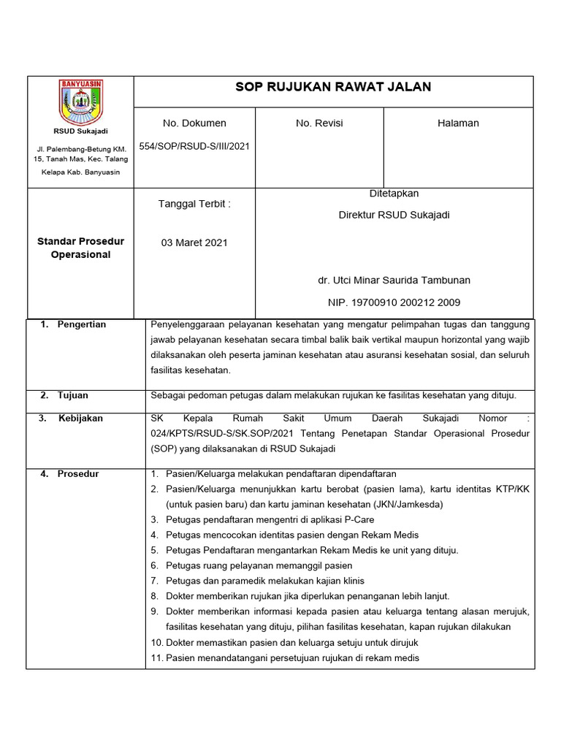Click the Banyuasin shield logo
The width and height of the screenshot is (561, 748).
coord(80,102)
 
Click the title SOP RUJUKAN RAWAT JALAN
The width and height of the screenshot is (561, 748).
coord(333,87)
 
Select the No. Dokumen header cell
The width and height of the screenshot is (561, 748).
coord(194,123)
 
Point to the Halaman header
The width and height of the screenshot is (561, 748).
coord(458,123)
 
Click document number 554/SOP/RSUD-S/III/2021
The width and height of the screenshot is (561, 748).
coord(194,146)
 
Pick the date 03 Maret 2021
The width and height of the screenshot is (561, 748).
coord(194,243)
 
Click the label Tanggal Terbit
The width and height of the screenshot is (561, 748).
coord(194,204)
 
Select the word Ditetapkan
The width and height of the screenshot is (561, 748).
coord(394,194)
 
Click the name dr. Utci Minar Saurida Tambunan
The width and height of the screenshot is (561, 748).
coord(394,280)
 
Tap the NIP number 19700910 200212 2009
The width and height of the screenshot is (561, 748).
coord(394,302)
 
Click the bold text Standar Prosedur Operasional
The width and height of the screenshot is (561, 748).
coord(80,248)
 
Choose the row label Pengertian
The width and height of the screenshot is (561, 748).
coord(82,324)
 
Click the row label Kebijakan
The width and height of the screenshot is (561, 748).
coord(80,419)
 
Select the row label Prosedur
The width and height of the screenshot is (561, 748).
coord(78,474)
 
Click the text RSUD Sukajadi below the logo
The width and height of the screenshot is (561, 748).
coord(80,131)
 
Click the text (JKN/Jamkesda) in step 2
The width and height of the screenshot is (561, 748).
coord(394,504)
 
